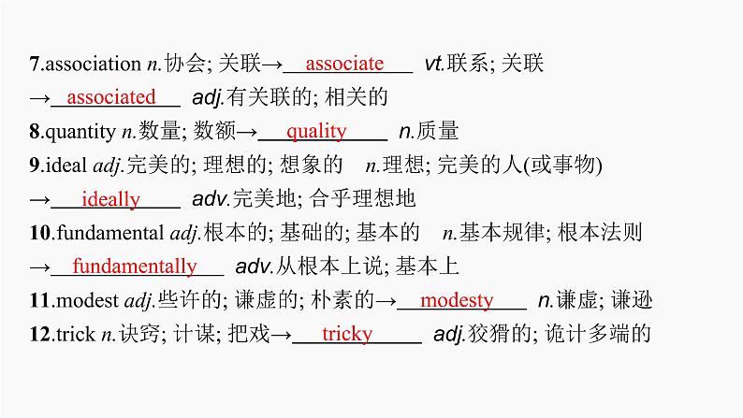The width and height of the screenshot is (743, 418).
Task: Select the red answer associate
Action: point(344,64)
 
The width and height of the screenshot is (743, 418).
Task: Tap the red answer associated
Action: point(112,97)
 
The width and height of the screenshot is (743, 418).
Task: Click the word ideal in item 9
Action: point(66,166)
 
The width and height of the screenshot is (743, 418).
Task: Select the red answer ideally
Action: point(110,199)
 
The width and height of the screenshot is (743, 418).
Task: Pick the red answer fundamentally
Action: point(135,267)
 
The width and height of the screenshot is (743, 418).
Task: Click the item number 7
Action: point(35,65)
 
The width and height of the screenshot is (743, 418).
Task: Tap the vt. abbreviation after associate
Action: point(432,65)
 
